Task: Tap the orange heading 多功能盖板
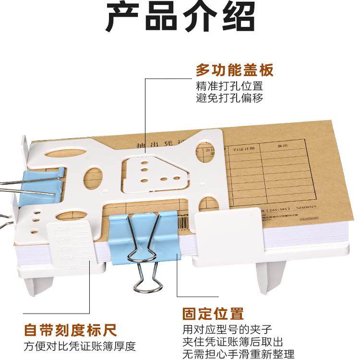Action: coord(234,71)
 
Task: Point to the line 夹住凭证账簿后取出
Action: coord(233,342)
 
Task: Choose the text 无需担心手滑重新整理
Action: coord(238,354)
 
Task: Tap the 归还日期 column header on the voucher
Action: coord(242,150)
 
